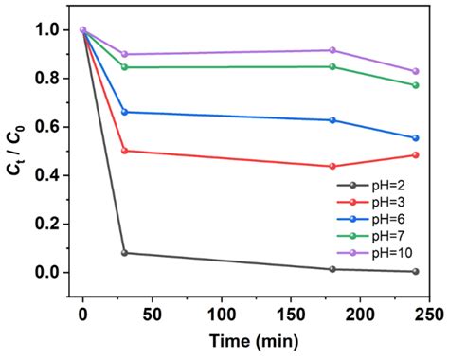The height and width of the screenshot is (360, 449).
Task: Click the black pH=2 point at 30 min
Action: (124, 253)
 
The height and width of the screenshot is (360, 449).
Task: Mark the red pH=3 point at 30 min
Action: (124, 151)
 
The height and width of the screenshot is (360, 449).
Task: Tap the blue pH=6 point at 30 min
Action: (124, 112)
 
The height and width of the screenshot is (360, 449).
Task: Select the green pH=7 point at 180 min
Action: (332, 66)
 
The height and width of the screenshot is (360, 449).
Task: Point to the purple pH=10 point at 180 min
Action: (332, 50)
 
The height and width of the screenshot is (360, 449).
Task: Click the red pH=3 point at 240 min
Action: (416, 155)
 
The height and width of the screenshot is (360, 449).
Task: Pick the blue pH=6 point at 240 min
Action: (416, 138)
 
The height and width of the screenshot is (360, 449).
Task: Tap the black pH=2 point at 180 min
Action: (332, 269)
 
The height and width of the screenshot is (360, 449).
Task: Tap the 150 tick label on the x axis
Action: (291, 312)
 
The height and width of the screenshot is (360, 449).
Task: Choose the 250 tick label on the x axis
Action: (429, 312)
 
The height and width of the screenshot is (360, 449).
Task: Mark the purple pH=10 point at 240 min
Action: (416, 71)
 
